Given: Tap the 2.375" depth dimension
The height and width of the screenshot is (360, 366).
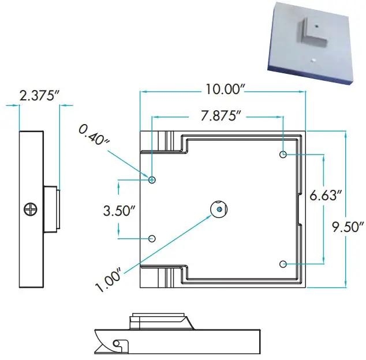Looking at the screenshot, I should click(39, 96).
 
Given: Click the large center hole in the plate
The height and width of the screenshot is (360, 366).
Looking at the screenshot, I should click(218, 208).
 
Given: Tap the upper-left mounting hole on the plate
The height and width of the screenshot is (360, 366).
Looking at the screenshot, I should click(152, 180).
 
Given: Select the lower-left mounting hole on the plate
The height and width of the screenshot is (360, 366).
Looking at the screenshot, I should click(152, 239).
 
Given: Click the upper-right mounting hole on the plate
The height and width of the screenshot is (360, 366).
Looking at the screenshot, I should click(283, 155).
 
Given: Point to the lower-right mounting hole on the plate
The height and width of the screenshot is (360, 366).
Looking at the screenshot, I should click(283, 264).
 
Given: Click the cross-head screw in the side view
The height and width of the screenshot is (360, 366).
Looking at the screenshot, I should click(29, 209).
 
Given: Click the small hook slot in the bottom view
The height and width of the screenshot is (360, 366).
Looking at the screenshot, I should click(119, 344).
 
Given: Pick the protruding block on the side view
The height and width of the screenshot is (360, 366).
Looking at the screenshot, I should click(52, 208).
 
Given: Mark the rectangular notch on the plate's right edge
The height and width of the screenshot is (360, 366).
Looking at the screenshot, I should click(301, 209).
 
